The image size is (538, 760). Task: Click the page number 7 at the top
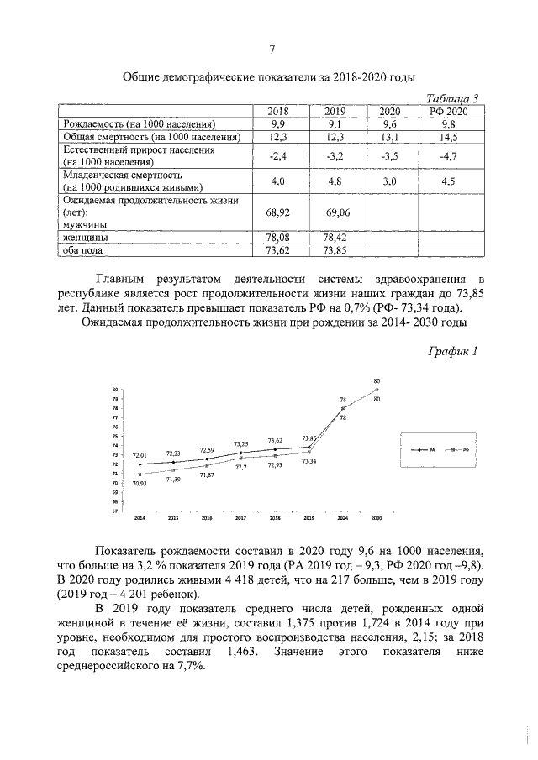click(x=271, y=48)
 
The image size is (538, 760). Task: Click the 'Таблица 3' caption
click(x=454, y=98)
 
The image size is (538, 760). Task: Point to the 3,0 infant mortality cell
click(x=389, y=181)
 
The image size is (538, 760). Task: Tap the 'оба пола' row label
click(x=83, y=250)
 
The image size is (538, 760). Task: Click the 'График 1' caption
click(x=453, y=351)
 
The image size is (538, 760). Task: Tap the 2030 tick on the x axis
click(x=377, y=518)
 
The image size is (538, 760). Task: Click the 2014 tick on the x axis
click(x=140, y=518)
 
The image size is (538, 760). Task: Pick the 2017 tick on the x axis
click(x=241, y=518)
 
